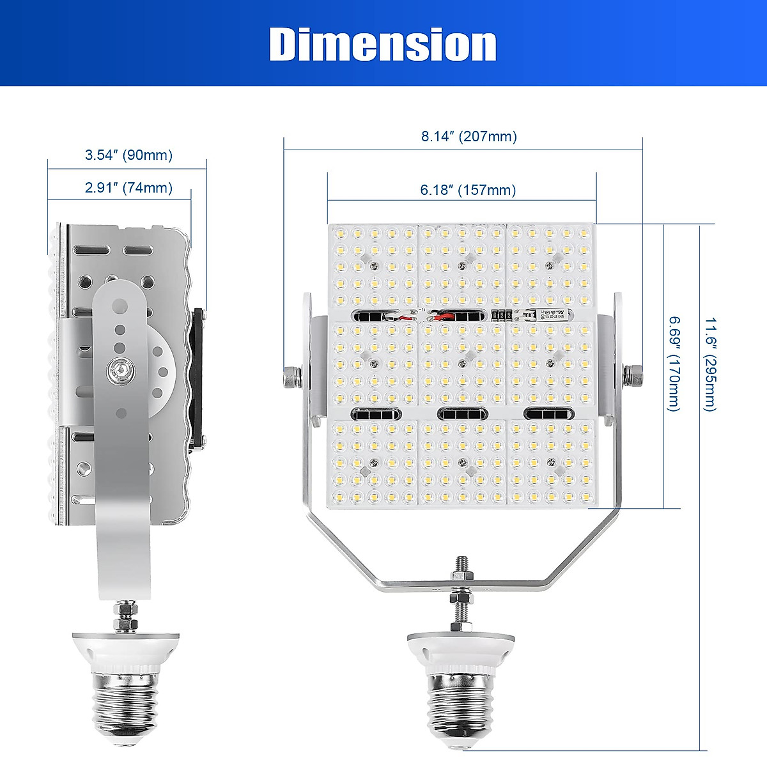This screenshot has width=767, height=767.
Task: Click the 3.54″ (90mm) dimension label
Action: coord(128,155)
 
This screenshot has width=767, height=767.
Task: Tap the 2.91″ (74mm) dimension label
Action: coord(128,188)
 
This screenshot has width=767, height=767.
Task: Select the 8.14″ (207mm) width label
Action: coord(469,136)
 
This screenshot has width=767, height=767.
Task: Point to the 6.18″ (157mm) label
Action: coord(468,190)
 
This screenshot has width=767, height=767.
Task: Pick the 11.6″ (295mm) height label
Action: coord(710,364)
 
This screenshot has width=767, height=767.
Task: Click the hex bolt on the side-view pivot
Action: coord(120,369)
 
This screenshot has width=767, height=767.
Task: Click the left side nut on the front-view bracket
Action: coord(291,376)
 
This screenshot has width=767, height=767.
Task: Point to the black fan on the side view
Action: coord(199,377)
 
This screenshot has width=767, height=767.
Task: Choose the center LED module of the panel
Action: coord(463,366)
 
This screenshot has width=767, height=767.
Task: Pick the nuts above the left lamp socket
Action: coord(126,615)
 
